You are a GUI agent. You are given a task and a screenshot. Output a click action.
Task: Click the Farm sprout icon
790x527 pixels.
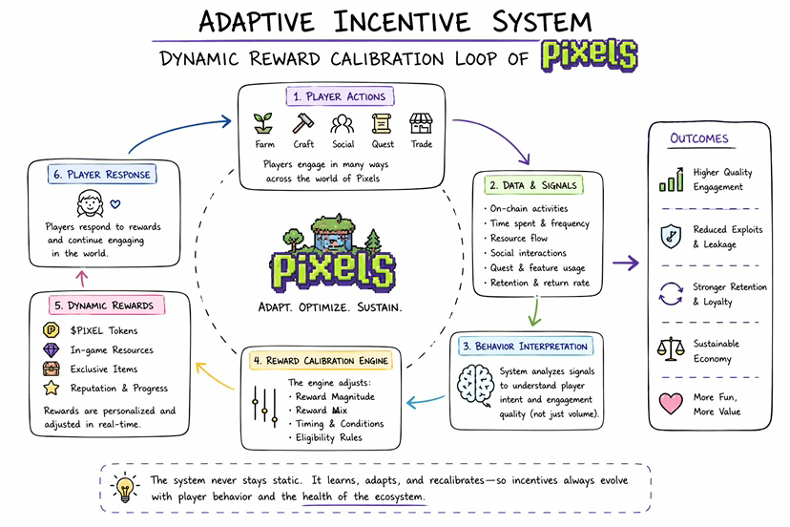(263, 123)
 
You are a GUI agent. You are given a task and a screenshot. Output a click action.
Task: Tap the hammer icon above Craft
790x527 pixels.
(302, 123)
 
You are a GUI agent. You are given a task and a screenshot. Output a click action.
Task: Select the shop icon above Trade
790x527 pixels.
(421, 123)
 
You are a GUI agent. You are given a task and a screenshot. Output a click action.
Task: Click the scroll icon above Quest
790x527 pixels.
(382, 123)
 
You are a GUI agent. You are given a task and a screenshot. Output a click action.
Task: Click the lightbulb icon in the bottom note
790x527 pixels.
(124, 487)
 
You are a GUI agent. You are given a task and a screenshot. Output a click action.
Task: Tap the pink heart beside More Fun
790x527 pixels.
(671, 404)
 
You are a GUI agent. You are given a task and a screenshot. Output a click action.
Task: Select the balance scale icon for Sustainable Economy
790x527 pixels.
(671, 349)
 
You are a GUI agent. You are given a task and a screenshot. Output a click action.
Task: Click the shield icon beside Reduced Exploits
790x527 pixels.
(671, 236)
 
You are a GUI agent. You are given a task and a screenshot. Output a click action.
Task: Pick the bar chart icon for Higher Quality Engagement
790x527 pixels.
(671, 179)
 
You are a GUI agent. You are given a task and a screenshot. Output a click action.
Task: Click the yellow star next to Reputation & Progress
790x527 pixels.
(51, 388)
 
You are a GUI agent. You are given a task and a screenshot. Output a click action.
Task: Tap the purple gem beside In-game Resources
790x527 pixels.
(51, 349)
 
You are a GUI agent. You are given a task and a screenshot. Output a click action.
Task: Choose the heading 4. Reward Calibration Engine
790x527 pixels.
(321, 361)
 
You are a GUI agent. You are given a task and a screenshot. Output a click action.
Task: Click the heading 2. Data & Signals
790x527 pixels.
(533, 185)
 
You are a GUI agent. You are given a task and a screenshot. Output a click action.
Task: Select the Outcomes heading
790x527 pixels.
(699, 138)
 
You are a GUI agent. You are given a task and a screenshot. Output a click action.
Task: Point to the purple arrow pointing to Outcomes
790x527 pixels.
(626, 263)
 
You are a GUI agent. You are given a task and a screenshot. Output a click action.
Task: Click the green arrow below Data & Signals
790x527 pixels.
(535, 311)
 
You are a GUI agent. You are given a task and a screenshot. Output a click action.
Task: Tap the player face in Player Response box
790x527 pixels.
(91, 203)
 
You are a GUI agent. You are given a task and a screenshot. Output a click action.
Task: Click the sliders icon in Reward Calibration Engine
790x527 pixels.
(264, 407)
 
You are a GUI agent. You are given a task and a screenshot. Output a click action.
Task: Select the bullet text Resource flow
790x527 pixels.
(518, 238)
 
